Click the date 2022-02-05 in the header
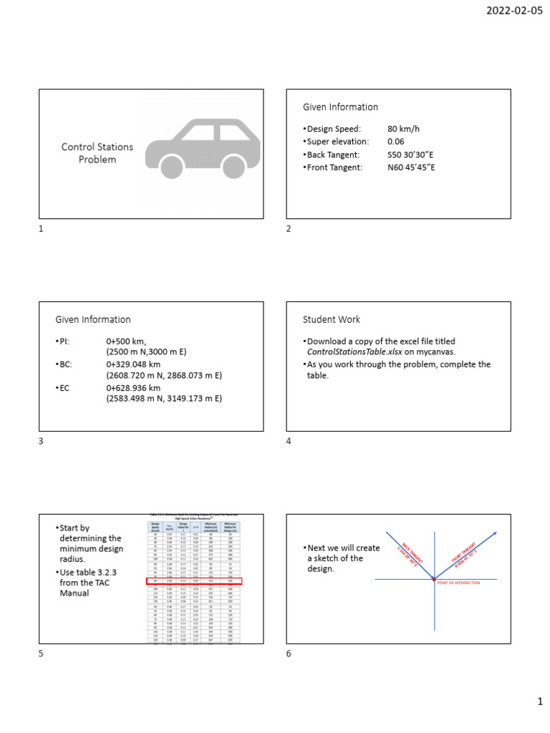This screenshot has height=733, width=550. click(514, 11)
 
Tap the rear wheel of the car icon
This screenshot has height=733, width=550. click(172, 167)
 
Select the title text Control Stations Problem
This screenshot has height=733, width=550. click(97, 153)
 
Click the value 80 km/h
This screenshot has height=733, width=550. click(403, 129)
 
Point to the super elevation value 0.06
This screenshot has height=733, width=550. click(395, 142)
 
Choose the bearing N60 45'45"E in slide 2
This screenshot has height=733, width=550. click(411, 168)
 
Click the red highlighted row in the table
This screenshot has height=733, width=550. click(194, 581)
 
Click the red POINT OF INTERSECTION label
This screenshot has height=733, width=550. click(458, 583)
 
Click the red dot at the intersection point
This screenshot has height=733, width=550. click(434, 578)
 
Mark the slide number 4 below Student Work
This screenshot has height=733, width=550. click(289, 442)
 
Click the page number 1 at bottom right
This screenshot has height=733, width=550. click(541, 703)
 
